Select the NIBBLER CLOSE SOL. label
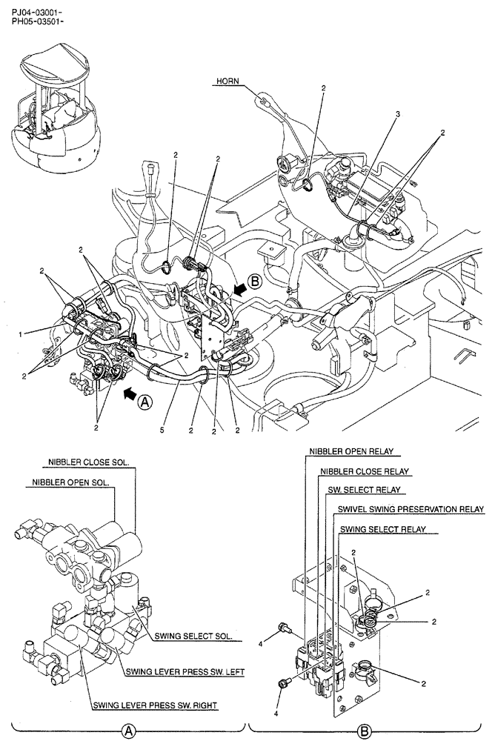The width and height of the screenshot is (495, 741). click(88, 462)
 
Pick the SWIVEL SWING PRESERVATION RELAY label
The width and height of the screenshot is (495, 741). click(411, 510)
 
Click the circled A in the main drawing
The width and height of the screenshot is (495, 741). click(146, 401)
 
